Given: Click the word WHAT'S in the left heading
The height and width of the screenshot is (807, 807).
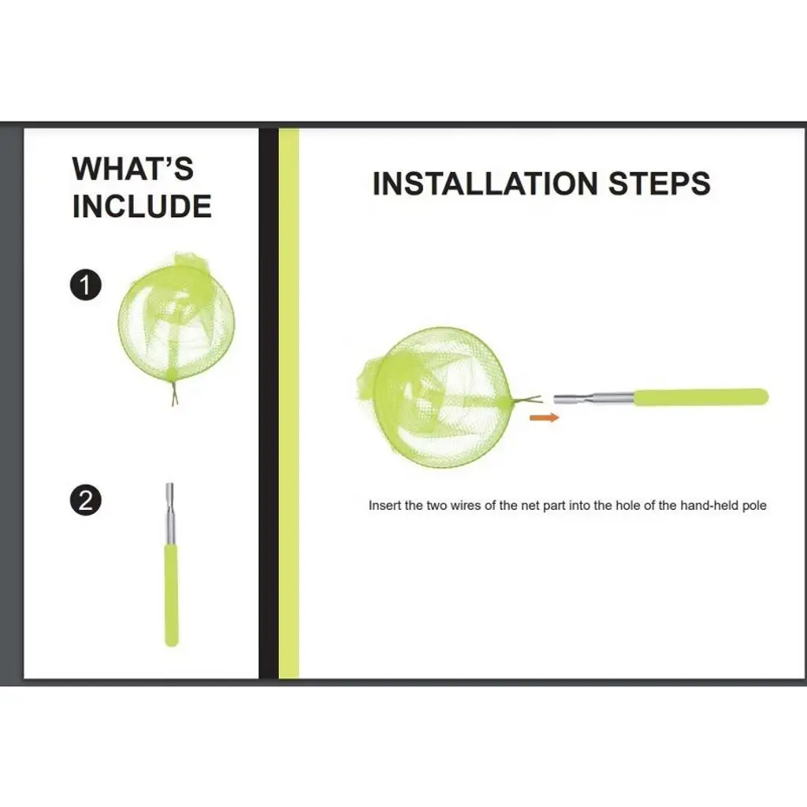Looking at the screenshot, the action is (x=132, y=169).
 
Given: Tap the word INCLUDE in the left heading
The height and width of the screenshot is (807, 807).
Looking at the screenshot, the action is (x=142, y=206).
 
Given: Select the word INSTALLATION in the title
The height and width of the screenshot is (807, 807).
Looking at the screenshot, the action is (x=485, y=184).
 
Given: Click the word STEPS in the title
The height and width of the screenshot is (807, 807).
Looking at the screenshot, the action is (x=660, y=184).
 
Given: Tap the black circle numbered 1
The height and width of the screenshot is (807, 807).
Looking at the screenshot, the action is (x=85, y=284).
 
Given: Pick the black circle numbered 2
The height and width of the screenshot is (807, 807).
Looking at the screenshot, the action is (x=85, y=500).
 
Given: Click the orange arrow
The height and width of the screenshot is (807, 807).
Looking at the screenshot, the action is (x=544, y=418).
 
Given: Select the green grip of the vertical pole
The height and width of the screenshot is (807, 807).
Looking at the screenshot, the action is (x=171, y=595).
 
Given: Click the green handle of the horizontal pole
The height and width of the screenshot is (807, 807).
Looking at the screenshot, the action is (x=701, y=397).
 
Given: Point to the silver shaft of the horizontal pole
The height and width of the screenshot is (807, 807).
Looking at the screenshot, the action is (x=593, y=399).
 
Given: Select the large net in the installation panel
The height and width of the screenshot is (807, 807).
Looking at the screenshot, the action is (x=435, y=397).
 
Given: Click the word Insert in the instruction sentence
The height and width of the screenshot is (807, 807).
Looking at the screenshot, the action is (x=385, y=505).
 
